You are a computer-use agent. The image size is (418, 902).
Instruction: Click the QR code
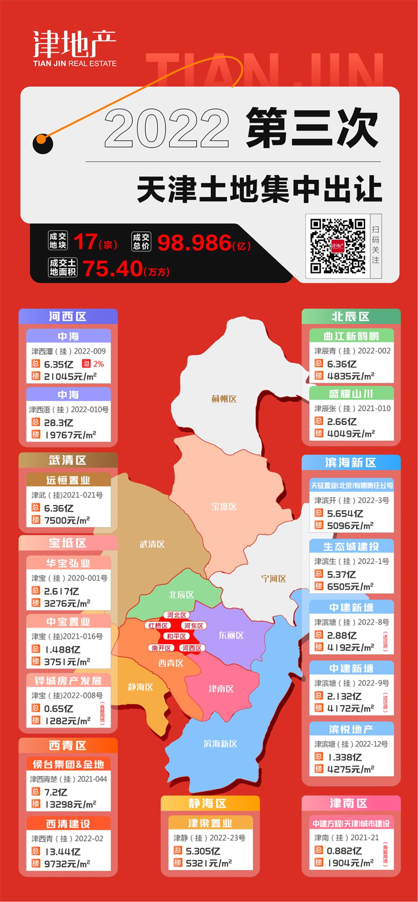338,246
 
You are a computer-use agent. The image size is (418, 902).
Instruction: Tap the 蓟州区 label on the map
224,399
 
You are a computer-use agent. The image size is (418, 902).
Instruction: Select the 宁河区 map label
274,579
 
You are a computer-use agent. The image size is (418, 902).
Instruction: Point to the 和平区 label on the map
176,636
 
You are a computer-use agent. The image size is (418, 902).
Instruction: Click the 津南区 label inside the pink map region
221,689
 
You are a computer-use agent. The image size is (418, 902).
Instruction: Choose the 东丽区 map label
231,635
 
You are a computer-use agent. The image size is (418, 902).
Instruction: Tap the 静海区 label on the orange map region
140,687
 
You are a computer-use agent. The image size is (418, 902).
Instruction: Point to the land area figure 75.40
113,268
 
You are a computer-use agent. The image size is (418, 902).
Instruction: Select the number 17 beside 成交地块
85,242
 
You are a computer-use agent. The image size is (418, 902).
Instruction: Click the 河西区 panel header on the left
68,317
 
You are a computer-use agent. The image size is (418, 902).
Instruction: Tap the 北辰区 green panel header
351,317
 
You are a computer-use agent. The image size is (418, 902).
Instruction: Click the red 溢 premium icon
86,363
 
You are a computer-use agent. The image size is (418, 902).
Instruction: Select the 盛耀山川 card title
351,394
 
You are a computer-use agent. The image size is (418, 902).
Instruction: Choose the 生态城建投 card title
351,546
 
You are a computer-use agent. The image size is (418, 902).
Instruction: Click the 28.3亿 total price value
58,423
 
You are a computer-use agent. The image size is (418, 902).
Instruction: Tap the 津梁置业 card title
210,823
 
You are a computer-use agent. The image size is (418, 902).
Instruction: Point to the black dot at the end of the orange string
43,143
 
